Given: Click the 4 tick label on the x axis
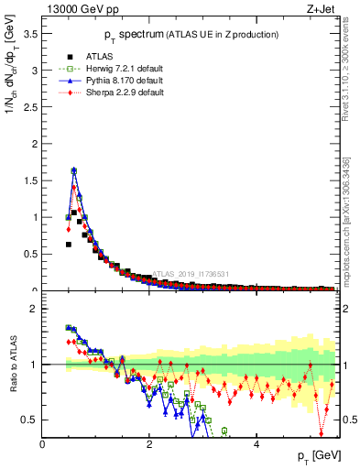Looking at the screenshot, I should pyautogui.click(x=256, y=444).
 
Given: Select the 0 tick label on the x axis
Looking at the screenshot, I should pyautogui.click(x=42, y=444).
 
